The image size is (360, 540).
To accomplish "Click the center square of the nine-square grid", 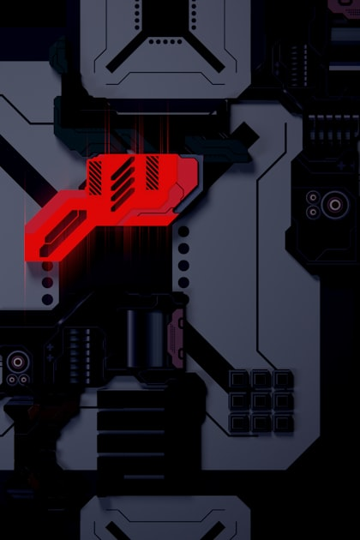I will pyautogui.click(x=261, y=400).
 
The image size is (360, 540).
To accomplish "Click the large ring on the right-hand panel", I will pyautogui.click(x=334, y=204).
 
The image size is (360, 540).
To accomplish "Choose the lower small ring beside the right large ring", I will pyautogui.click(x=314, y=212).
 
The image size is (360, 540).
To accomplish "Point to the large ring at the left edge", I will pyautogui.click(x=16, y=361).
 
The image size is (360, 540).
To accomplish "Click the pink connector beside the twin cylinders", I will pyautogui.click(x=178, y=337).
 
